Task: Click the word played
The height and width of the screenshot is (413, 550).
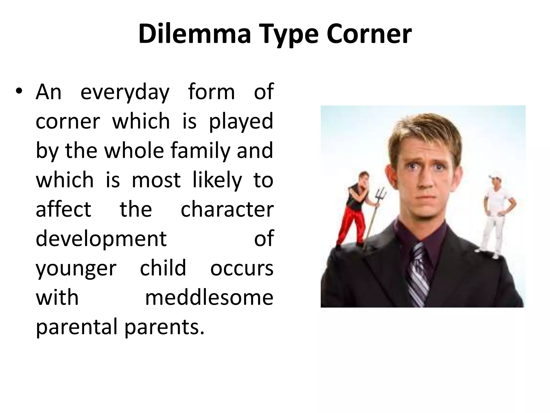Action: click(241, 122)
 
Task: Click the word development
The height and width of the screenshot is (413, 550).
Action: click(101, 239)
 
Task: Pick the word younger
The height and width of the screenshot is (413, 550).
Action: click(76, 269)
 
